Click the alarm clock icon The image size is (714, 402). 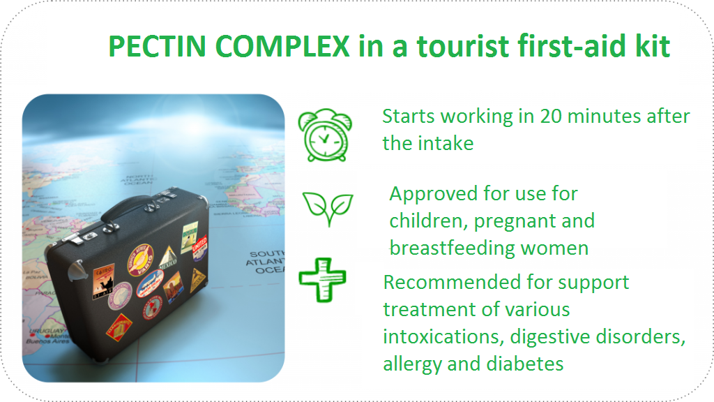point(325,135)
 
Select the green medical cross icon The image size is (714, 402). point(322,280)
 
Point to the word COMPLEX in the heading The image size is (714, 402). point(282,46)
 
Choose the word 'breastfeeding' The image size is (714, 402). point(452,248)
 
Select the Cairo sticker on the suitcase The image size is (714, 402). point(103,281)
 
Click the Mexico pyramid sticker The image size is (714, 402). point(167,258)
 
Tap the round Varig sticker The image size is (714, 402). point(140,260)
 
